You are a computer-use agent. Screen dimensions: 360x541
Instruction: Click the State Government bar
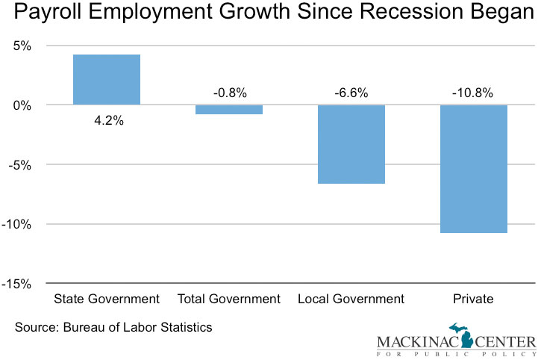pos(107,80)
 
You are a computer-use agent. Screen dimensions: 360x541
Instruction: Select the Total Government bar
pos(229,110)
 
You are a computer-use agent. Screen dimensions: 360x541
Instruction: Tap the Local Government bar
pos(351,144)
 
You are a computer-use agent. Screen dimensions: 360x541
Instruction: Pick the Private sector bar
pos(474,169)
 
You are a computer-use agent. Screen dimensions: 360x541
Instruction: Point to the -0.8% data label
pos(229,93)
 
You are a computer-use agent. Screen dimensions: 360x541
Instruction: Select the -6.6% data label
pos(351,93)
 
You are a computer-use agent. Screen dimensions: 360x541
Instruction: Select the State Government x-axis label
pos(107,300)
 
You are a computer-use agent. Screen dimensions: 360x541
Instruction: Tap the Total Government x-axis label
pos(229,300)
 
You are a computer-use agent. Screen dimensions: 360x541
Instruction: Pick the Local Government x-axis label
pos(351,300)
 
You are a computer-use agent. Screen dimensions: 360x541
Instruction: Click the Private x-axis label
pos(473,300)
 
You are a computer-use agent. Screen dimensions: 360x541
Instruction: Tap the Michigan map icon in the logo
pos(463,336)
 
